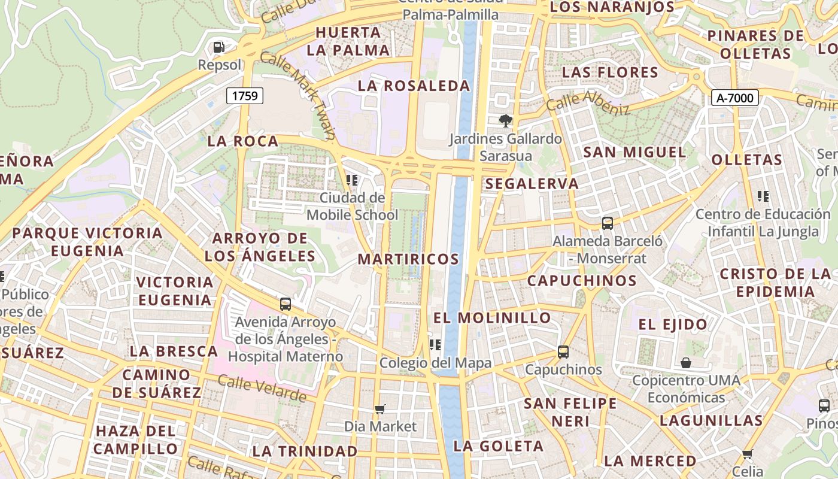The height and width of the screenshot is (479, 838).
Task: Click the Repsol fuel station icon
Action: point(219,47)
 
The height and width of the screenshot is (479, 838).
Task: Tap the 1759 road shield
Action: point(245,95)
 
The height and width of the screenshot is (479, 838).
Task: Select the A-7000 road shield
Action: point(735,98)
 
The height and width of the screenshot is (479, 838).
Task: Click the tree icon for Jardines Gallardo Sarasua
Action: point(506,121)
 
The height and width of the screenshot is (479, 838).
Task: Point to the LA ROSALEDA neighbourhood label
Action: point(414,86)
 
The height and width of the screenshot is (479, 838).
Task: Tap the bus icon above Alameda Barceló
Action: point(608,223)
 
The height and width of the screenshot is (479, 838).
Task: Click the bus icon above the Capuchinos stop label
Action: point(563,351)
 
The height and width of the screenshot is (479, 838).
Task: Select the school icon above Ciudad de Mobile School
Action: point(352,180)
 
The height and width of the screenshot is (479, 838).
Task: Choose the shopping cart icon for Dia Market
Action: point(379,410)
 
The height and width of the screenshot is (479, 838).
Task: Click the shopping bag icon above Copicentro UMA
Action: point(686,363)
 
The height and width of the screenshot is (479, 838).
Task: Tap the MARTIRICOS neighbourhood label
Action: point(408,259)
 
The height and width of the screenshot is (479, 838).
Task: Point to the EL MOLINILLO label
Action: point(492,317)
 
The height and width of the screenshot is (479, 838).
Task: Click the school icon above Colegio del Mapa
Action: point(435,345)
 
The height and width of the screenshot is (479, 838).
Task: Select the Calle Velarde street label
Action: point(262,388)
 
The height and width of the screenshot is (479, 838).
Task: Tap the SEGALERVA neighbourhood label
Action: point(532,184)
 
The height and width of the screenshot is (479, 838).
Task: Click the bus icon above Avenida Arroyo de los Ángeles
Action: point(286,304)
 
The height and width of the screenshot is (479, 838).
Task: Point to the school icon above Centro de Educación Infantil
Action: point(763,196)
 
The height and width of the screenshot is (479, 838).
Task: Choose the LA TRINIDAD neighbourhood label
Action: point(305,451)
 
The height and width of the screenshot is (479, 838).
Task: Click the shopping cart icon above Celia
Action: point(747,454)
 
